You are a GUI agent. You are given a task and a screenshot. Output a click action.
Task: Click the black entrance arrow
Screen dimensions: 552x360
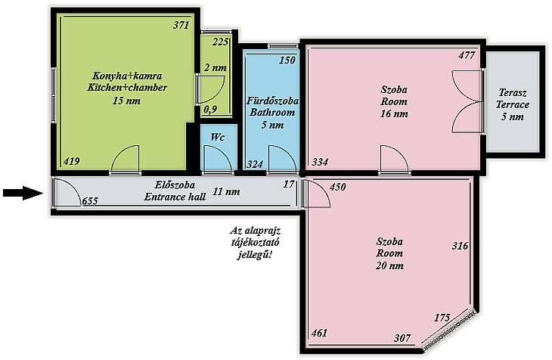point(23,193)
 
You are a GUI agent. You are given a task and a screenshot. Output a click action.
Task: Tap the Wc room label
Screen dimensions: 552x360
point(218,137)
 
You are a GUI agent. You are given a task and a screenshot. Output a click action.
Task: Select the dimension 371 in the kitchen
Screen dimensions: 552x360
point(181,25)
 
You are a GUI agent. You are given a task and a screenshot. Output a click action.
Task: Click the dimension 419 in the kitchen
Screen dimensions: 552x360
point(72,161)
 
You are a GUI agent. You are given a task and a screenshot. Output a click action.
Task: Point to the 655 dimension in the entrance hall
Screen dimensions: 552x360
point(90,201)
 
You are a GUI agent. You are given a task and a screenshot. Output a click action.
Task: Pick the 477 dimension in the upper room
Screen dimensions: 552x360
point(467,55)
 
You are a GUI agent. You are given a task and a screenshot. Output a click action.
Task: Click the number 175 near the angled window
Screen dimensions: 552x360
point(442,318)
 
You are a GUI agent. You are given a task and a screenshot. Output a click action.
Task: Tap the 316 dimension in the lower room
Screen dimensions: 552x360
point(460,246)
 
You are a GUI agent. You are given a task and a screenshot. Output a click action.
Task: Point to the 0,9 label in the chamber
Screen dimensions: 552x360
point(210,110)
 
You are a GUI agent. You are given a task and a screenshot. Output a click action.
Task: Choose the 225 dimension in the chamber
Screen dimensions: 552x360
point(221,42)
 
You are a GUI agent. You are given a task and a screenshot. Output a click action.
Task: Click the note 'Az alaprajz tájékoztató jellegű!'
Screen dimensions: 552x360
point(256,243)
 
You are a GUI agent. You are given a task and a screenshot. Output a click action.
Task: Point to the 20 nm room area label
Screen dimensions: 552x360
point(389,265)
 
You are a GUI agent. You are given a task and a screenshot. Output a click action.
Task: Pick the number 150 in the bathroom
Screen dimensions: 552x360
point(287,60)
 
